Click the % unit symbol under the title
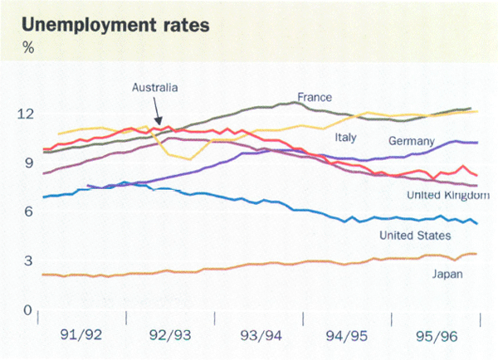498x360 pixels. coord(27,47)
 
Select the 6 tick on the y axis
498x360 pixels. coord(27,212)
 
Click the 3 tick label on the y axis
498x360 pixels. coord(27,261)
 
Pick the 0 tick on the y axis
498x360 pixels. coord(27,310)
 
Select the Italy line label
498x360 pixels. coord(348,137)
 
